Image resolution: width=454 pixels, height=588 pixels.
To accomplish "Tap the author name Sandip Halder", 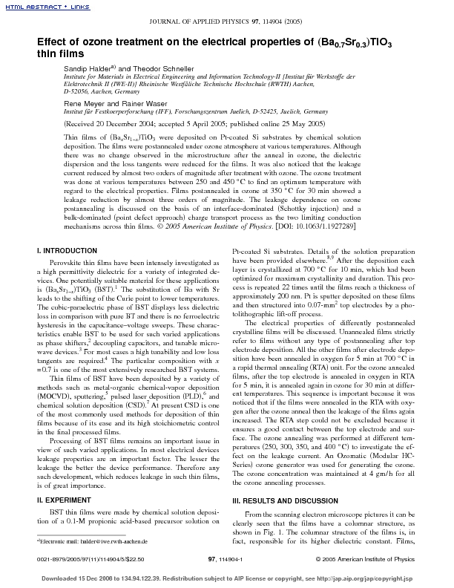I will (89, 68).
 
